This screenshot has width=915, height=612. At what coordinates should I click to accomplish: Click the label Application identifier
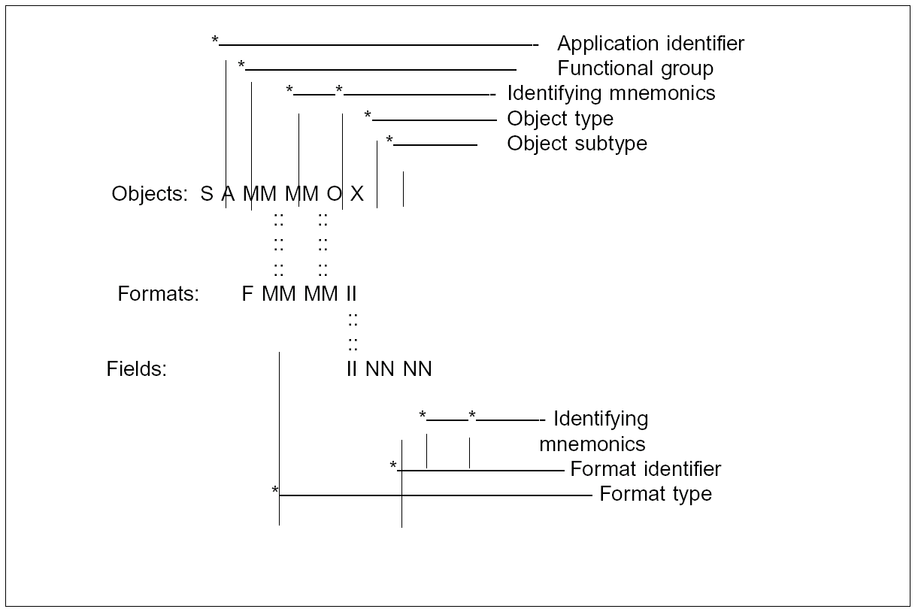point(650,44)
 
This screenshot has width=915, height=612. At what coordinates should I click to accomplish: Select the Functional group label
point(635,68)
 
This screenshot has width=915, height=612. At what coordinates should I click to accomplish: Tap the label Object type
point(560,119)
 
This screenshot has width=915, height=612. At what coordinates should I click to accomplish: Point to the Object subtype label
point(577,144)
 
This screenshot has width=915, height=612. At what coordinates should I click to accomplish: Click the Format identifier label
point(645,469)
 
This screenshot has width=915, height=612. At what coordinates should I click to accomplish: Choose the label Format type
point(655,494)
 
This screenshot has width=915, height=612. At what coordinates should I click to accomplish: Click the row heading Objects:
point(150,194)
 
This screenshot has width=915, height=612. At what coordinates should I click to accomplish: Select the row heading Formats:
point(158,294)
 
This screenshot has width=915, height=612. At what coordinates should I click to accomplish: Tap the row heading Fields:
point(136,369)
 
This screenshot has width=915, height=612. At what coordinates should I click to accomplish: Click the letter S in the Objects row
point(207,194)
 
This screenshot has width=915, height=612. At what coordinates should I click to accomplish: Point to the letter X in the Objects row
point(357,194)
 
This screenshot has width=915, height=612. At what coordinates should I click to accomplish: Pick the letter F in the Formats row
point(247,294)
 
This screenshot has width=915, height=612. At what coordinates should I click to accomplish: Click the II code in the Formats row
point(351,294)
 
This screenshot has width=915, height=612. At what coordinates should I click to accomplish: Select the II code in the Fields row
point(351,369)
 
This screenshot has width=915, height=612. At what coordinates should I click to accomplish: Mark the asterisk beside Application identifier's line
point(215,41)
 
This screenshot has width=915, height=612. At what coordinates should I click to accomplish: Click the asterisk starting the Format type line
point(275,492)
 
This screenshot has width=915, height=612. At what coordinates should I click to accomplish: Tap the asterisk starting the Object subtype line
point(389,141)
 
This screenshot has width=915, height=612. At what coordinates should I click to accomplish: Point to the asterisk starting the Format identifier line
point(393,467)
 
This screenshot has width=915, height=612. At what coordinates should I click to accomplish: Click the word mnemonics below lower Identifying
point(592,444)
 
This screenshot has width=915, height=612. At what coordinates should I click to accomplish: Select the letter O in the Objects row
point(334,194)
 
